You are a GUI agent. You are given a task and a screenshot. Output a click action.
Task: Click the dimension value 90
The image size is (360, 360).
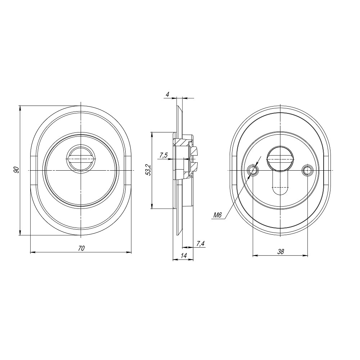pyautogui.click(x=16, y=170)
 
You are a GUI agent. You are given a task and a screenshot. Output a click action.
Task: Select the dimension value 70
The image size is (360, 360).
pyautogui.click(x=81, y=248)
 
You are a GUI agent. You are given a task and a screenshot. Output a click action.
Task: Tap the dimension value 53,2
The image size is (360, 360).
pyautogui.click(x=149, y=170)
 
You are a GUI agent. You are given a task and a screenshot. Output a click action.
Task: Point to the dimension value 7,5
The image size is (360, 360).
pyautogui.click(x=163, y=156)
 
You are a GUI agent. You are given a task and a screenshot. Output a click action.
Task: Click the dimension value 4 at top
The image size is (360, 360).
pyautogui.click(x=168, y=94)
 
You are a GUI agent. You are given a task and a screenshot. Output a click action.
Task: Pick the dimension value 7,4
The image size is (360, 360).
pyautogui.click(x=201, y=243)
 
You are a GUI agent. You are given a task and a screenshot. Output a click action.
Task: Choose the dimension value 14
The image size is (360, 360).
pyautogui.click(x=184, y=255)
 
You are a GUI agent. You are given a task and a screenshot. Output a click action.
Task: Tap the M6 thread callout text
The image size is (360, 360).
pyautogui.click(x=217, y=215)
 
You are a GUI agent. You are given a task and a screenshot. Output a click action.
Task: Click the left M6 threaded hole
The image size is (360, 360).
pyautogui.click(x=253, y=170)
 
